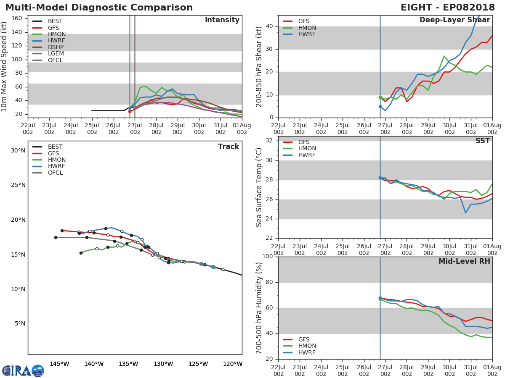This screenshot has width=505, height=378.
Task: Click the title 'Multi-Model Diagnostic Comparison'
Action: [99, 8]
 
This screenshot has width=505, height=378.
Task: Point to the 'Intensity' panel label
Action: [222, 20]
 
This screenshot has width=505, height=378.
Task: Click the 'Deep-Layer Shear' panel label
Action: [454, 20]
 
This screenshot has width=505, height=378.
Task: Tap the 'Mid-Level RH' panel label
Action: [464, 261]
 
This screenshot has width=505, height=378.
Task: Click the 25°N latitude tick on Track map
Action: [18, 185]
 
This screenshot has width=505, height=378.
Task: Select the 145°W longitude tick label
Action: [59, 364]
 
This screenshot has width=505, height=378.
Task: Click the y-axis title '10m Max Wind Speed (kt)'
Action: [5, 66]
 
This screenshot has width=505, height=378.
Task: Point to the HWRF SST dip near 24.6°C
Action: [465, 213]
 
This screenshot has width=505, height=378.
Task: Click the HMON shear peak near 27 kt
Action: [444, 56]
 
